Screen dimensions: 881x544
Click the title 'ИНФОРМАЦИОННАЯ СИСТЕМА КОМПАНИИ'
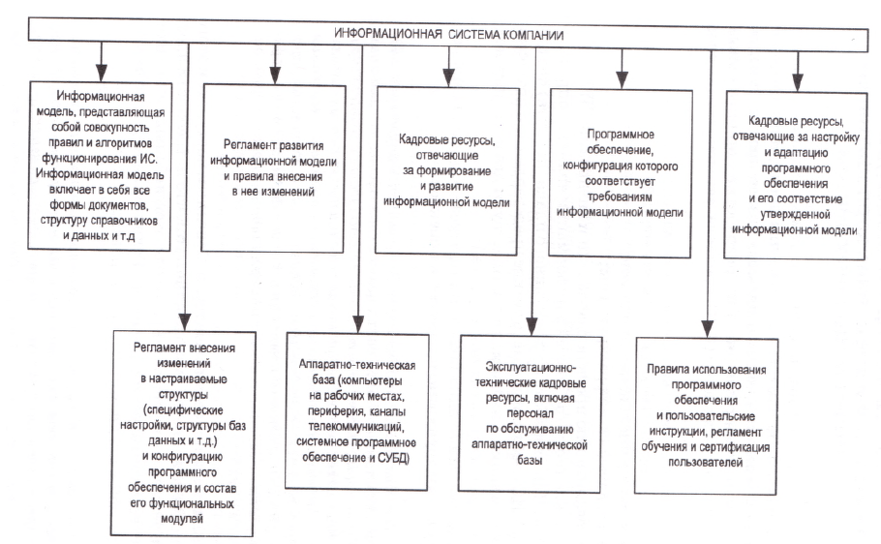tap(449, 34)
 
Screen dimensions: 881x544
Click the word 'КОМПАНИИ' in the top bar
tap(533, 35)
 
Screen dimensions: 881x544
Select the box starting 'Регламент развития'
tap(273, 168)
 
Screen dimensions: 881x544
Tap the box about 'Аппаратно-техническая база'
tap(357, 411)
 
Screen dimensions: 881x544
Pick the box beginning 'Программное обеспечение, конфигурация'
tap(621, 173)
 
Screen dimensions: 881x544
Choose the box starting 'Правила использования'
tap(707, 416)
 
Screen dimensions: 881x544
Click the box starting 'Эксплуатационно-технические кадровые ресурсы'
tap(530, 413)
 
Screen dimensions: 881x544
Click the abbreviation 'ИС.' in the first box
tap(148, 159)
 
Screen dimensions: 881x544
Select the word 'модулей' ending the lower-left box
tap(181, 519)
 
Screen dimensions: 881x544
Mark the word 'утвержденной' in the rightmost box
tap(795, 214)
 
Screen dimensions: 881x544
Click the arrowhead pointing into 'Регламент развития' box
tap(275, 76)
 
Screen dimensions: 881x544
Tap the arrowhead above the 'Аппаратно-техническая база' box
tap(358, 323)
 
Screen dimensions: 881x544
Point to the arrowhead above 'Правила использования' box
tap(708, 329)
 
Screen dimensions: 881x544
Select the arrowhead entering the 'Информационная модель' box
tap(101, 73)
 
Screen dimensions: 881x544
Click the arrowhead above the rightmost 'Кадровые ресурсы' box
tap(798, 82)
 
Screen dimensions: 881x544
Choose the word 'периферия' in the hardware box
tap(333, 411)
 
